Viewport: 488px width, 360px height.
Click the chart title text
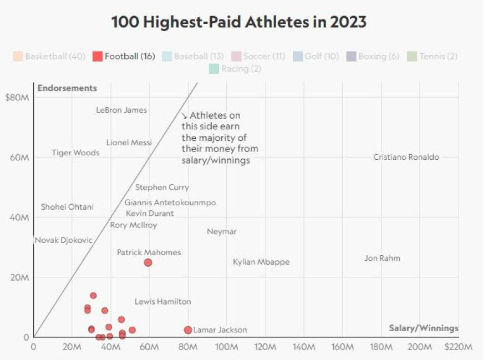tap(239, 22)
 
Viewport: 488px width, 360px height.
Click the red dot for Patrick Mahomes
tap(148, 262)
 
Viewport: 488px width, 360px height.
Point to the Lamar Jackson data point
tap(188, 330)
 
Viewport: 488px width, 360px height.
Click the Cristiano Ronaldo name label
tap(406, 157)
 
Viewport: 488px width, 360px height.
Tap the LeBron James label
tap(121, 110)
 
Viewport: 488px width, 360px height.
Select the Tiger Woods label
tap(75, 153)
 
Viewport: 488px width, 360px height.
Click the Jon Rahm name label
tap(382, 258)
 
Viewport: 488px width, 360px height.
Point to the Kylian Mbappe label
tap(261, 262)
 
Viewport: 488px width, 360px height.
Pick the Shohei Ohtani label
tap(67, 207)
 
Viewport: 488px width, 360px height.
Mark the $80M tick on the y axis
tap(17, 98)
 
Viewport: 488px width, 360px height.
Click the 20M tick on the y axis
tap(20, 277)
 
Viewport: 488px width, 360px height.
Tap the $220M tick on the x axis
tap(459, 347)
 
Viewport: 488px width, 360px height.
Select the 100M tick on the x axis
tap(227, 347)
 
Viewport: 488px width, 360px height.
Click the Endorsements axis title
tap(67, 88)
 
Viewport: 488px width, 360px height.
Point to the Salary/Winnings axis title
tap(424, 328)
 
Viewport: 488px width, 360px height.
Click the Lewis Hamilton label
tap(163, 302)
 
